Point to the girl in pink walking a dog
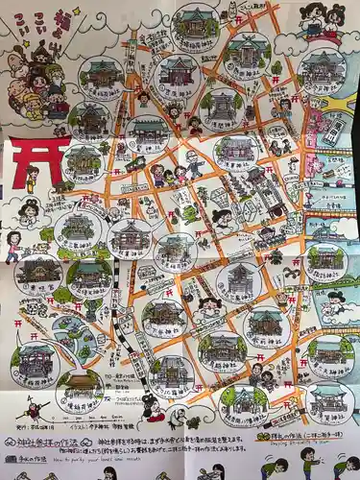pyautogui.click(x=13, y=245)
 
